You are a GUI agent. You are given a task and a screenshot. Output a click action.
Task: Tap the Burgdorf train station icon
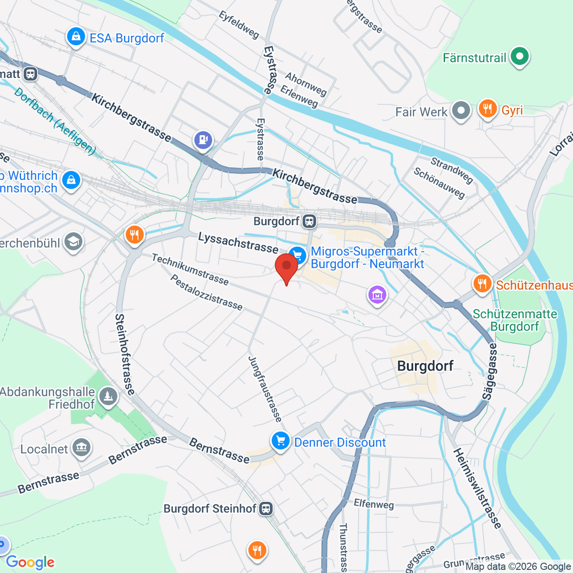[309, 221]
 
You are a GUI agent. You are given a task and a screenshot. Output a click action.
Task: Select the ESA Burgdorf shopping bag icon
[75, 37]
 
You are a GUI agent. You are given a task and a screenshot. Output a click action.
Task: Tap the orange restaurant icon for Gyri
[487, 110]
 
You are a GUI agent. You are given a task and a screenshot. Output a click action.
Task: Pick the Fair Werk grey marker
[461, 111]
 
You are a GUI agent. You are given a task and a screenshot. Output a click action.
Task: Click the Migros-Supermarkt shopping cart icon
[298, 256]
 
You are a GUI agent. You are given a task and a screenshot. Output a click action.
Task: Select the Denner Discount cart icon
[280, 442]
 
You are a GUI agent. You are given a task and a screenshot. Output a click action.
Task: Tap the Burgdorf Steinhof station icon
[266, 509]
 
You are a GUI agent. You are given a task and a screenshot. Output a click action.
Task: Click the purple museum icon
[377, 295]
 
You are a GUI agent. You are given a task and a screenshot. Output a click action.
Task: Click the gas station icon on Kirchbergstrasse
[203, 139]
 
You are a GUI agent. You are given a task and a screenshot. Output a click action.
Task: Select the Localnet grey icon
[81, 448]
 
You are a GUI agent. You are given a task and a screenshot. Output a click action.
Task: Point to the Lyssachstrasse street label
[238, 243]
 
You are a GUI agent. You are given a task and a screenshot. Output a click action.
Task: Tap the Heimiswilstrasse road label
[477, 488]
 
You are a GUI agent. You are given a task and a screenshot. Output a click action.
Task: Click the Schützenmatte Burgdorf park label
[515, 320]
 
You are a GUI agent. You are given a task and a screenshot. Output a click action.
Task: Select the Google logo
[30, 562]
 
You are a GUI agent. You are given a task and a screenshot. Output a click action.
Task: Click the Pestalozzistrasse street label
[206, 292]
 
